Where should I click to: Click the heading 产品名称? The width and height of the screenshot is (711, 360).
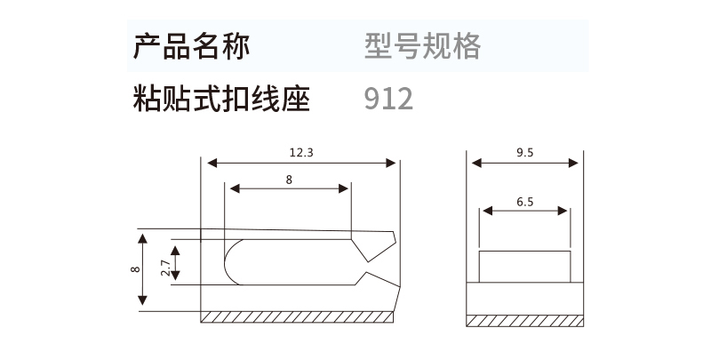tap(191, 46)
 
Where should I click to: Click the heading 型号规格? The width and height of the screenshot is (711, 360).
tap(423, 46)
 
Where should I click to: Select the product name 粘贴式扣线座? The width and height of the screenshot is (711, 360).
tap(221, 99)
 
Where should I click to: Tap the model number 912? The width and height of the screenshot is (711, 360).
tap(388, 99)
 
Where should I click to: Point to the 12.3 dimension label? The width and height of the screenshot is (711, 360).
tap(301, 152)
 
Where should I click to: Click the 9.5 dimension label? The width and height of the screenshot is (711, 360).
tap(525, 152)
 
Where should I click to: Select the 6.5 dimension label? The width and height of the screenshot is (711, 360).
tap(525, 202)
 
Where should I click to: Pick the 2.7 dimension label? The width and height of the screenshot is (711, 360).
tap(166, 268)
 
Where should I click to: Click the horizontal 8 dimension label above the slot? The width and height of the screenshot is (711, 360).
tap(290, 180)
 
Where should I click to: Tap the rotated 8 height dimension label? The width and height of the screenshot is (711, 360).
tap(135, 268)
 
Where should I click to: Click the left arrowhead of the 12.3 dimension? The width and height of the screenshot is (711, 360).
tap(212, 163)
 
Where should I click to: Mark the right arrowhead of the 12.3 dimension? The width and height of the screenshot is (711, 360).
tap(390, 163)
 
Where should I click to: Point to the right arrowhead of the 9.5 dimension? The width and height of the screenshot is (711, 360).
tap(573, 163)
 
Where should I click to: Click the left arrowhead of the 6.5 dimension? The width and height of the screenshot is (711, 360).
tap(488, 211)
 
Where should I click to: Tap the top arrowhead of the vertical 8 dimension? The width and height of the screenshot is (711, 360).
tap(143, 239)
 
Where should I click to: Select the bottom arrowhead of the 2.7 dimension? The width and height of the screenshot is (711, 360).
tap(175, 275)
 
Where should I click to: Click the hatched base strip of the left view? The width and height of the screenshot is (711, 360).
tap(297, 317)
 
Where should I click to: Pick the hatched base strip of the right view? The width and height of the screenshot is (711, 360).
tap(524, 321)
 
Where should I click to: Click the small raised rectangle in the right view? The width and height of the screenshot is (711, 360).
tap(524, 267)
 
